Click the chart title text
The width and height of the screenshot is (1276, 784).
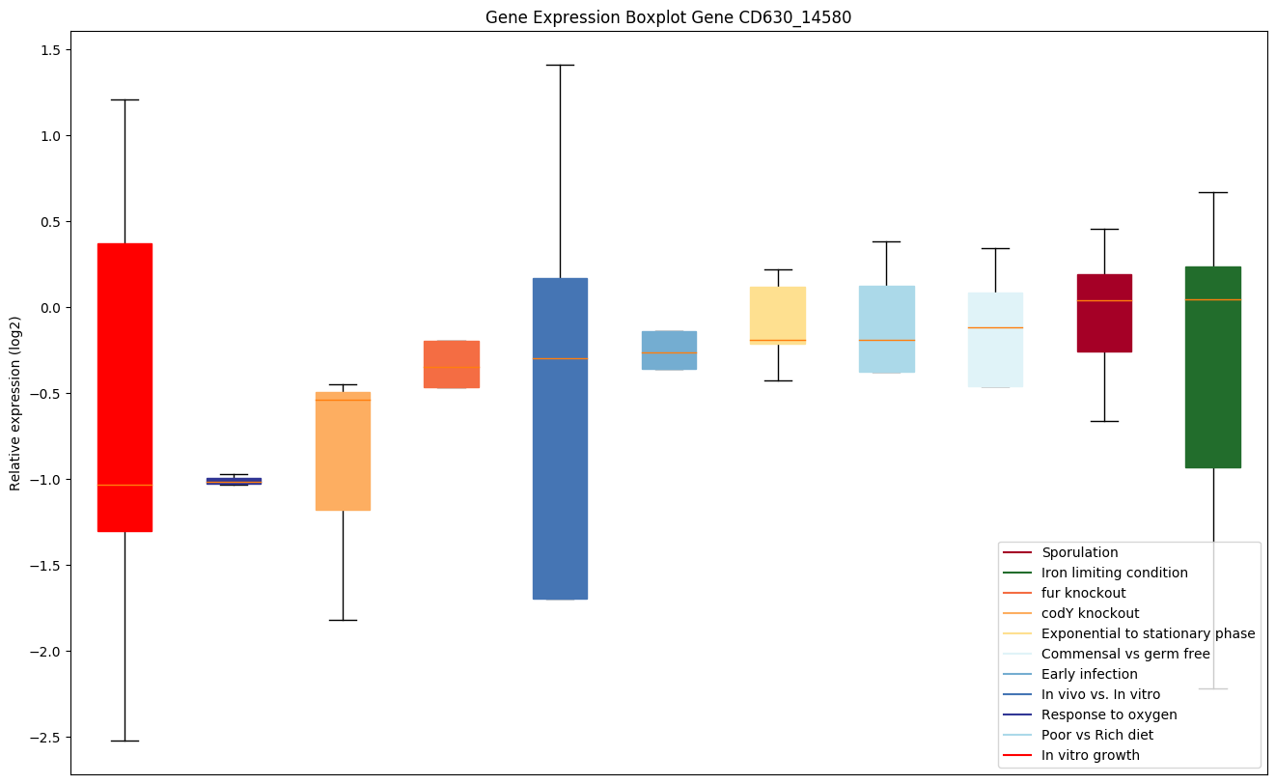(668, 17)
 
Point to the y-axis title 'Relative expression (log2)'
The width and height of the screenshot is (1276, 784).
(15, 403)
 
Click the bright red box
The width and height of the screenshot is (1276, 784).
(125, 387)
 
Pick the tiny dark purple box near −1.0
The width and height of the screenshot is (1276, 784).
(234, 481)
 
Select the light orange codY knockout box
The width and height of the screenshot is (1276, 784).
(343, 451)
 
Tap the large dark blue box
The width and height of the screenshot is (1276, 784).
(560, 438)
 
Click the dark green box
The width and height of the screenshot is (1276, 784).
(1212, 367)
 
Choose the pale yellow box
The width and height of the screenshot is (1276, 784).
(778, 315)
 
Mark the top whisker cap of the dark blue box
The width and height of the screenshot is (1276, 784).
(560, 65)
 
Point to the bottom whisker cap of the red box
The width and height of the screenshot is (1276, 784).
(125, 741)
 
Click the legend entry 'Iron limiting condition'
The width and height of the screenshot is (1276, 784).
(1114, 573)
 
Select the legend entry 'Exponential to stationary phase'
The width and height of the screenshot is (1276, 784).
(1148, 633)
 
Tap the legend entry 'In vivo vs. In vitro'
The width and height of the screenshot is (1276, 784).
(1100, 694)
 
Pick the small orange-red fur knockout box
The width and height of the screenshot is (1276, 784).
(452, 364)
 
